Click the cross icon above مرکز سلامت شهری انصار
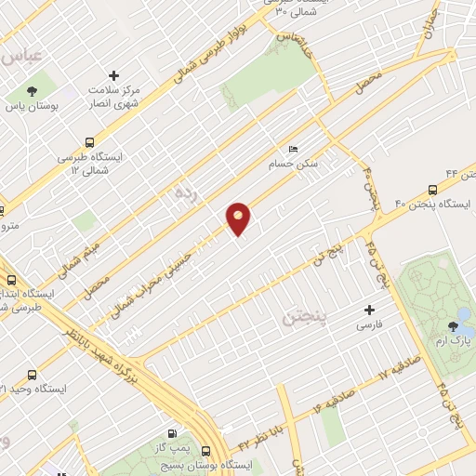click(114, 74)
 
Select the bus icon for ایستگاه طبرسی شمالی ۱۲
click(90, 143)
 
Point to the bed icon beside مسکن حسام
click(294, 149)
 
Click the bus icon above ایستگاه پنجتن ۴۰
click(433, 189)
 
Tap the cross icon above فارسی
click(370, 311)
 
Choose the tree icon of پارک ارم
click(453, 326)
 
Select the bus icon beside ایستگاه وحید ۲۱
click(33, 375)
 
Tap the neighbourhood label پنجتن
click(303, 319)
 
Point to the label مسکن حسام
click(299, 163)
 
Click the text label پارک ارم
click(456, 342)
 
